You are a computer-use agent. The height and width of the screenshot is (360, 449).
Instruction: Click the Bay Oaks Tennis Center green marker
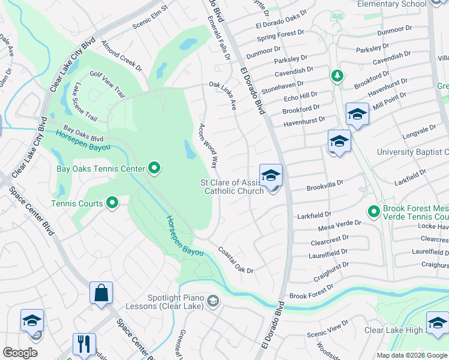[154, 169]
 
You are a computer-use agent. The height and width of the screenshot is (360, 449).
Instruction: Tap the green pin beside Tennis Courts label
[112, 203]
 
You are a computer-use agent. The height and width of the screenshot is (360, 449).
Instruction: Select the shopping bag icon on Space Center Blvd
[101, 293]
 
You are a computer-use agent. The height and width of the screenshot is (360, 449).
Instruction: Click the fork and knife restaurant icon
[83, 344]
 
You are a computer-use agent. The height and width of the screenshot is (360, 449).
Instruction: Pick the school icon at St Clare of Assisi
[271, 175]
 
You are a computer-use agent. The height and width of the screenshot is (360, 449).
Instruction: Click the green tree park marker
[337, 76]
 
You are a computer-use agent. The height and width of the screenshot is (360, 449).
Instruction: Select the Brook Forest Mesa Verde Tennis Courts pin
[374, 211]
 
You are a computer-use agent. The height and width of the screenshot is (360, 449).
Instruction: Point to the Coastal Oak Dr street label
[236, 260]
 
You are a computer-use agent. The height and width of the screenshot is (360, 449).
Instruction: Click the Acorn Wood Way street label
[208, 146]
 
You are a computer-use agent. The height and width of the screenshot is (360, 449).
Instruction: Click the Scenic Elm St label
[149, 20]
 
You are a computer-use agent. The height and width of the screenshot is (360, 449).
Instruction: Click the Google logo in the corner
[20, 353]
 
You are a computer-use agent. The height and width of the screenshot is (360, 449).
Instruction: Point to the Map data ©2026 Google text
[411, 355]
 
